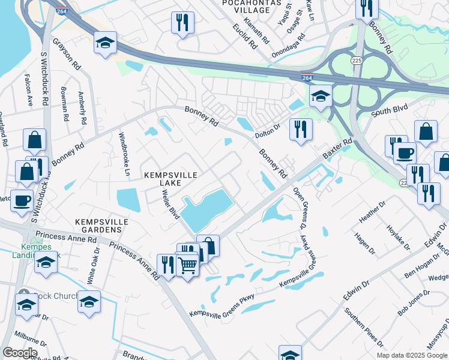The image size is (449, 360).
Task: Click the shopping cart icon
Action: click(188, 264)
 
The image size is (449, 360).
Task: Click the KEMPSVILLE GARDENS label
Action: click(101, 226)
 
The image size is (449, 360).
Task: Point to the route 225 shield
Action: click(357, 61)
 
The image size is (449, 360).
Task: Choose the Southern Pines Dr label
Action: click(363, 329)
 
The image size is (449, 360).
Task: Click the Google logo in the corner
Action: click(19, 352)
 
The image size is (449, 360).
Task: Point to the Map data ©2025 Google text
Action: click(411, 355)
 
